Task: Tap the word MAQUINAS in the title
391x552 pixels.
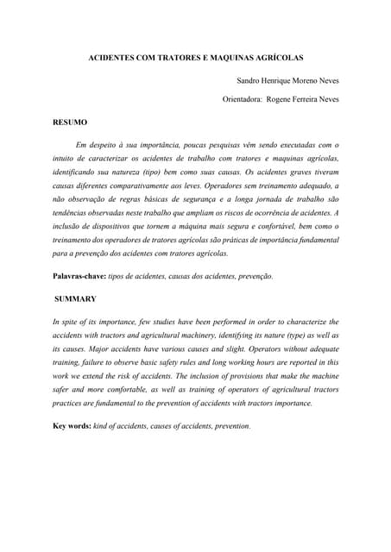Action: click(x=235, y=58)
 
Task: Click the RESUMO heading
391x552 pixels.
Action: click(x=70, y=122)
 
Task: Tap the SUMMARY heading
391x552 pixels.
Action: click(x=75, y=298)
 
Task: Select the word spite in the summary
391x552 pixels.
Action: click(x=71, y=322)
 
